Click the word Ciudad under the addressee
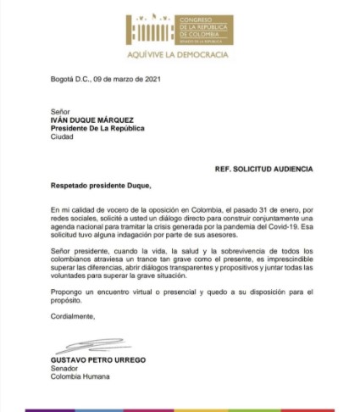click(64, 136)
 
